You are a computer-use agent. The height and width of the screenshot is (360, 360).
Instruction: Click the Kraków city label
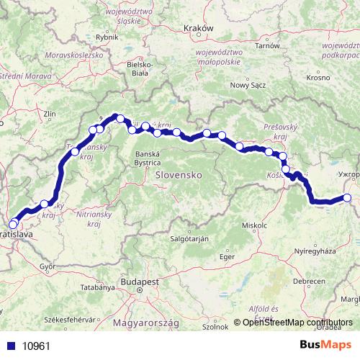[x=200, y=29]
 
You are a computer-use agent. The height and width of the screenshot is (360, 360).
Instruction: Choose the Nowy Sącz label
[x=248, y=84]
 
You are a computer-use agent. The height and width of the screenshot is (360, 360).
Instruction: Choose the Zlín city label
[x=49, y=113]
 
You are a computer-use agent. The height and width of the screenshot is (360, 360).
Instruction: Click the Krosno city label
[x=318, y=77]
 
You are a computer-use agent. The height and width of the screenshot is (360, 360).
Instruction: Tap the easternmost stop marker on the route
[x=347, y=198]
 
